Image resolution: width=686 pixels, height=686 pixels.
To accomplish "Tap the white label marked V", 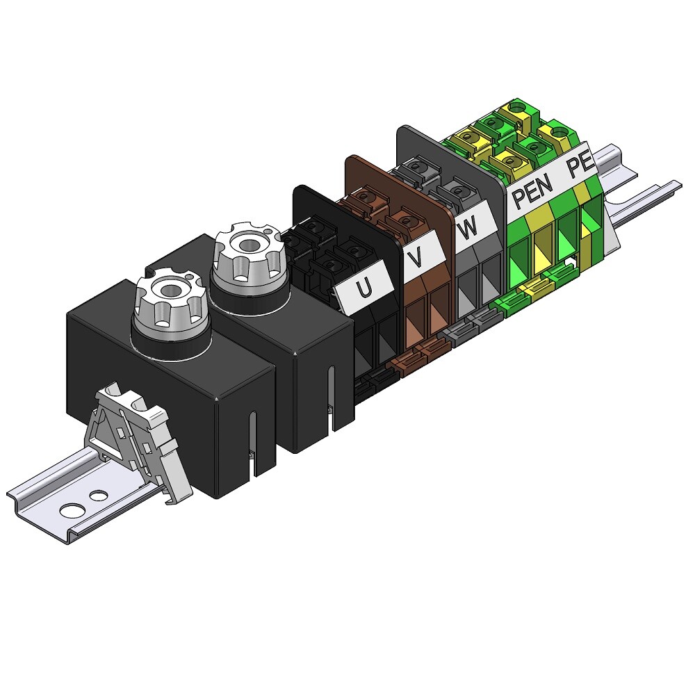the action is [418, 256].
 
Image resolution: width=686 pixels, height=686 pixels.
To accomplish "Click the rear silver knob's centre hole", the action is [249, 244].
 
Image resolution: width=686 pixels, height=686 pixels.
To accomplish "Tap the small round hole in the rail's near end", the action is [99, 496].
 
